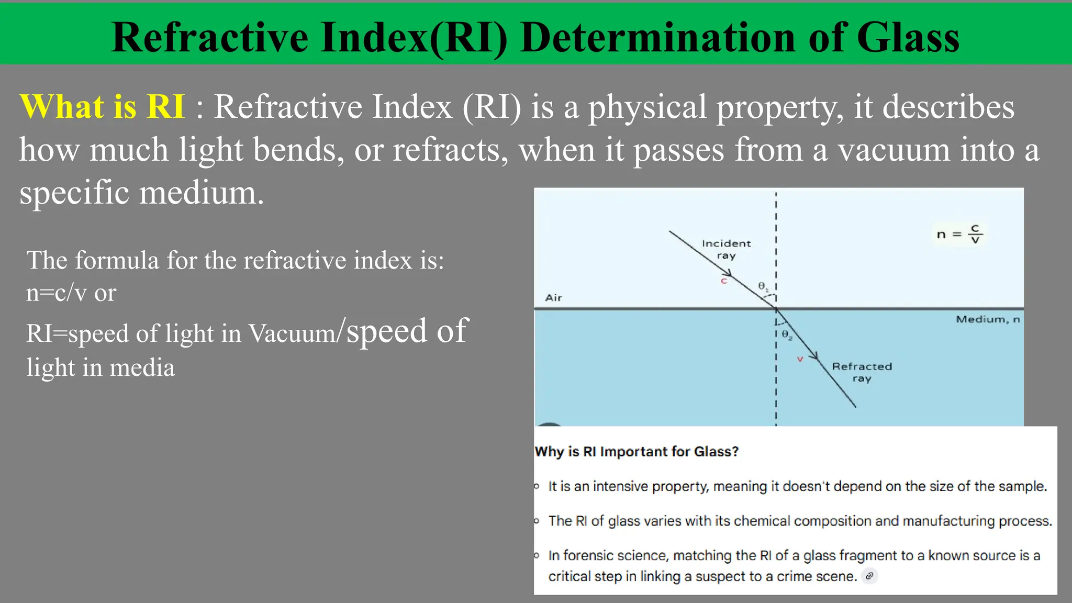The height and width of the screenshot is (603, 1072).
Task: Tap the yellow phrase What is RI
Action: tap(103, 107)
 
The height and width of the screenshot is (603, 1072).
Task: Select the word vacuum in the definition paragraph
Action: tap(894, 150)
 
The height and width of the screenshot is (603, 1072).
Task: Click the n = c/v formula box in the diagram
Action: tap(959, 234)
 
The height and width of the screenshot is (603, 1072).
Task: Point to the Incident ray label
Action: tap(726, 249)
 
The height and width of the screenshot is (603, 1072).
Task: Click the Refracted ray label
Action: tap(862, 372)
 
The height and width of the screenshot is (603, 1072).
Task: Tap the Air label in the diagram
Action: tap(553, 298)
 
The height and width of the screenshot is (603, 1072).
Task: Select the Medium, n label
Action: tap(988, 319)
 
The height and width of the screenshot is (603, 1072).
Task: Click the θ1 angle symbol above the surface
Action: tap(763, 286)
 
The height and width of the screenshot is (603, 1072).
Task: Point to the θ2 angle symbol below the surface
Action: tap(787, 334)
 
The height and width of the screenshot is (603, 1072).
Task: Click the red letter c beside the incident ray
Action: tap(724, 281)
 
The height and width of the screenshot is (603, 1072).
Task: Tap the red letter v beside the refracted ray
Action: tap(800, 359)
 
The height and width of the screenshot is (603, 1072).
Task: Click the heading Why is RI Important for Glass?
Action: tap(636, 452)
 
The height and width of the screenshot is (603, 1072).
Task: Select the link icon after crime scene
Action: tap(869, 576)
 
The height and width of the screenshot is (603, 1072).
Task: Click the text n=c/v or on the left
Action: tap(71, 293)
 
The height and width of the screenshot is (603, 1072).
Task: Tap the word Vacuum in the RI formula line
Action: tap(291, 333)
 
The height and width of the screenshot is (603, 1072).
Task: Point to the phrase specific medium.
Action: tap(141, 193)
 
